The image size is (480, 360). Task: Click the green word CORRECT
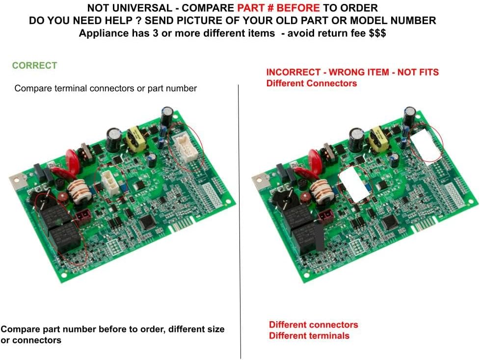34,65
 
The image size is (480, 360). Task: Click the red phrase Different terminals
309,335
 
